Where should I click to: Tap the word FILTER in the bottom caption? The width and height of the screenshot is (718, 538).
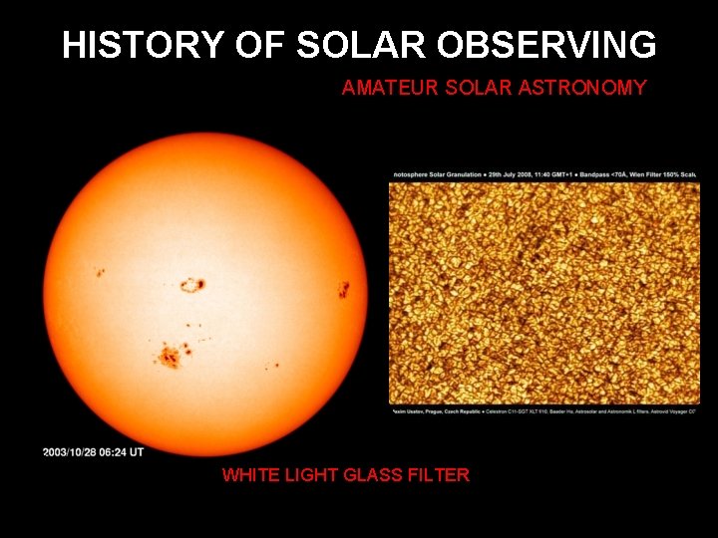point(439,475)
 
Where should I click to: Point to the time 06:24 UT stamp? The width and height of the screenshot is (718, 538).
point(128,452)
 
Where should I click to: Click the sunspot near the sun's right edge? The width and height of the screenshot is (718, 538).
point(343,290)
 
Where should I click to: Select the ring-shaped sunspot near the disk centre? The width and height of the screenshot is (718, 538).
point(191,286)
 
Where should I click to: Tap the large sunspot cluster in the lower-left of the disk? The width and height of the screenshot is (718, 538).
point(170,354)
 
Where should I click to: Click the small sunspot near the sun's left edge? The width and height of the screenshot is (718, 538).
point(100,272)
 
